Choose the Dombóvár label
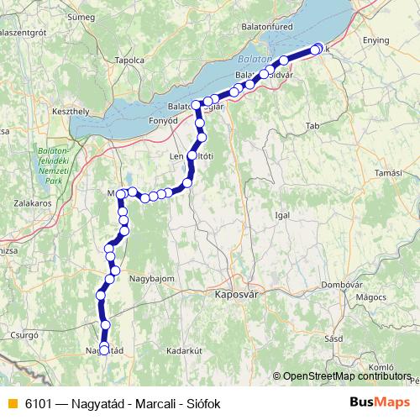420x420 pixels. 340,285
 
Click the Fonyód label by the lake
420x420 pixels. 163,120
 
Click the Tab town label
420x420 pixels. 313,125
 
